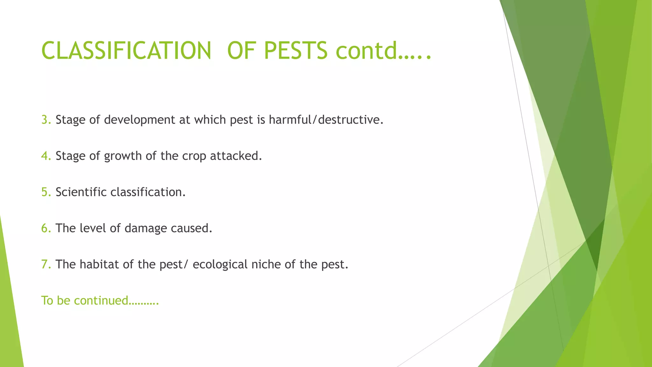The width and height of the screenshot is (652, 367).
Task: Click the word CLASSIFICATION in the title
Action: coord(126,51)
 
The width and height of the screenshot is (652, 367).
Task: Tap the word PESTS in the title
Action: coord(295,51)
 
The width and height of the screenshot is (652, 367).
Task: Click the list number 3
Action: coord(45,120)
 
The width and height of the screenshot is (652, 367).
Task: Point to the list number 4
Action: coord(45,156)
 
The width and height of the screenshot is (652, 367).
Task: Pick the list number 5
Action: coord(45,192)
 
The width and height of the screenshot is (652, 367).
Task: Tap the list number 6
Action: coord(45,228)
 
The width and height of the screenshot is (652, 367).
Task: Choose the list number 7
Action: coord(45,264)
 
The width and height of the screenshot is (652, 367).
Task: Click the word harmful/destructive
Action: coord(326,120)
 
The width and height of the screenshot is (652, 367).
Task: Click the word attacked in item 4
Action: coord(236,156)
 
